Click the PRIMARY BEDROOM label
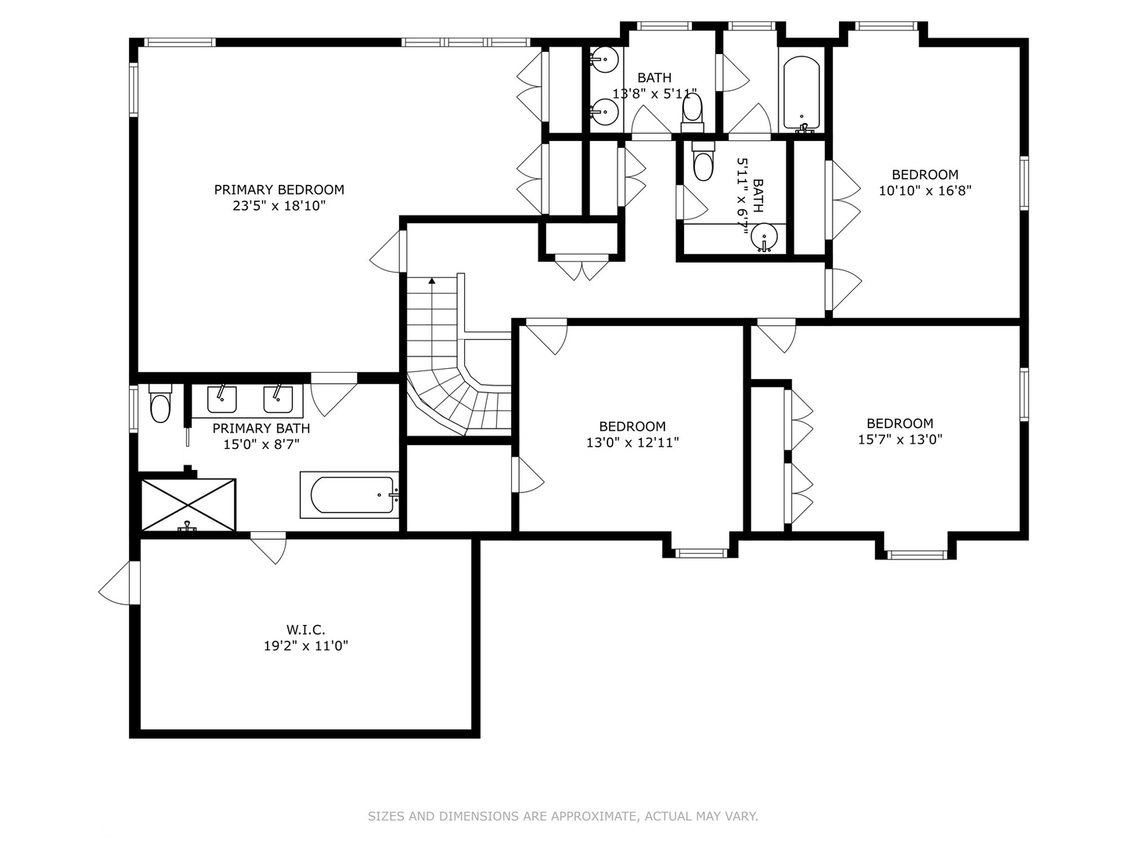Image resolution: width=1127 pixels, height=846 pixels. coord(279,190)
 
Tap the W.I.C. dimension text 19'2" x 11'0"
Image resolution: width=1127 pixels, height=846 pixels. coord(305,646)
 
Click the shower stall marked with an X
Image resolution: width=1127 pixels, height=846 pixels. coord(188,504)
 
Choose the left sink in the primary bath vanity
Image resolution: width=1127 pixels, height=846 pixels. coord(221,399)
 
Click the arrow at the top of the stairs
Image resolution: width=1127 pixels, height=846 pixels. coord(431,280)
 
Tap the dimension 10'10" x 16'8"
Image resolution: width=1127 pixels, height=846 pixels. coord(924,190)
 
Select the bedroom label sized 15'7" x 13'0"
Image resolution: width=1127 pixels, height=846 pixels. coord(899,423)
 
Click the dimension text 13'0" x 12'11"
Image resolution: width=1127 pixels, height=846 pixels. coord(632,443)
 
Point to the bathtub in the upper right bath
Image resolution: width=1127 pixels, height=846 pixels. coord(801,92)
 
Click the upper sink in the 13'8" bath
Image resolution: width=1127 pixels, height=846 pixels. coord(605,59)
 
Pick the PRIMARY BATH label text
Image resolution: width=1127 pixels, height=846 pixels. coord(261,428)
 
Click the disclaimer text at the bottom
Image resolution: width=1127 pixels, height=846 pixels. coord(563,816)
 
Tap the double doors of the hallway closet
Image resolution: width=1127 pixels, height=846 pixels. coord(582,267)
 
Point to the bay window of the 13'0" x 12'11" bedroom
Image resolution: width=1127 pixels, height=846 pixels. coord(700,553)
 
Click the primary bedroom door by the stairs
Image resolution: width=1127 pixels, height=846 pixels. coord(389,252)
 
